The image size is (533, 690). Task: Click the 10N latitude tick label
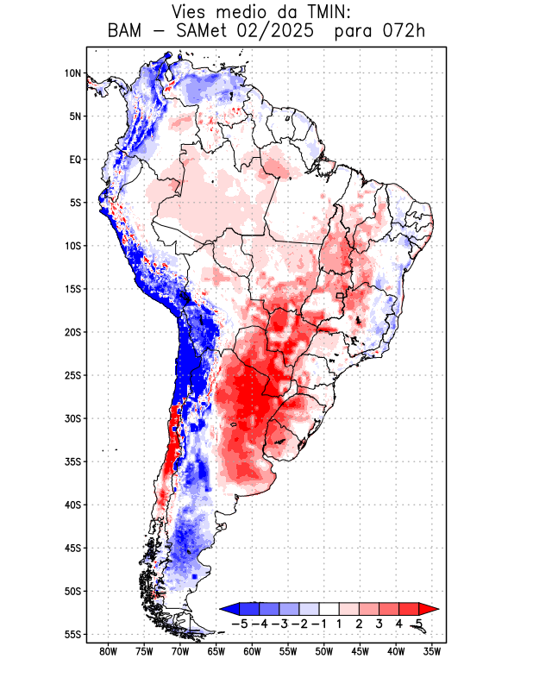pyautogui.click(x=72, y=73)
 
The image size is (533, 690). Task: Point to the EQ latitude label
pyautogui.click(x=74, y=160)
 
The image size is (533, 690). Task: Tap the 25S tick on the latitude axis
pyautogui.click(x=72, y=375)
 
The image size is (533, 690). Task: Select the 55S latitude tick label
pyautogui.click(x=72, y=634)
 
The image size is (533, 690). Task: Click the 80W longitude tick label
pyautogui.click(x=108, y=651)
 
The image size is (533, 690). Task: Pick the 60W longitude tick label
pyautogui.click(x=252, y=651)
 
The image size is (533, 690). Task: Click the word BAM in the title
pyautogui.click(x=127, y=32)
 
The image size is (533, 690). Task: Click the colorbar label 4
pyautogui.click(x=398, y=624)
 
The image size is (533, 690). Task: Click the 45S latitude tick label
pyautogui.click(x=72, y=548)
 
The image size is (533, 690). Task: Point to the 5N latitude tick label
pyautogui.click(x=74, y=116)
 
